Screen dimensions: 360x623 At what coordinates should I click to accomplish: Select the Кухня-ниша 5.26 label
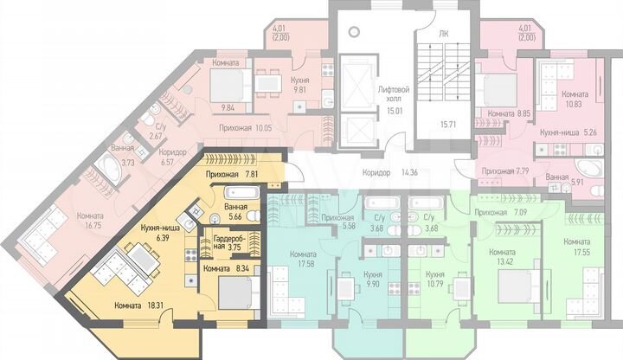click(555, 132)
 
